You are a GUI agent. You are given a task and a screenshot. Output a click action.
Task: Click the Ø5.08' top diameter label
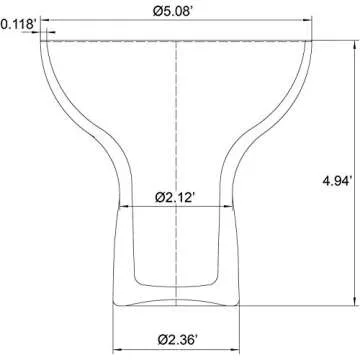[173, 11]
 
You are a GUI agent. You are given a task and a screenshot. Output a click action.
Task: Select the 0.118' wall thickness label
[18, 25]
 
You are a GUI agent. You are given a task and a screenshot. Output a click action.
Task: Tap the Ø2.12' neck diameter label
[175, 198]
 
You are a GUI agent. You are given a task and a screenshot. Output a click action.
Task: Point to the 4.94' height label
[337, 181]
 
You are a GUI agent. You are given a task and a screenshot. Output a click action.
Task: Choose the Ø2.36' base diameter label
[177, 340]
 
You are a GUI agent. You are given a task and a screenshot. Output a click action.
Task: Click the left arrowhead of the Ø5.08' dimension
[45, 20]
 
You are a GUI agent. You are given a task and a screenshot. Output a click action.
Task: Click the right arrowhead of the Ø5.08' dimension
[308, 20]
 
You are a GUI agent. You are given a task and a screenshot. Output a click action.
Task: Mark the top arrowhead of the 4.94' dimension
[354, 45]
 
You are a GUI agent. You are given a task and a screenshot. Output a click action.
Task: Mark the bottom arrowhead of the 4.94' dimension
[354, 301]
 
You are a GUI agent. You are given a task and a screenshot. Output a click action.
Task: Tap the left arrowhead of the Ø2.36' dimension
[117, 350]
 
